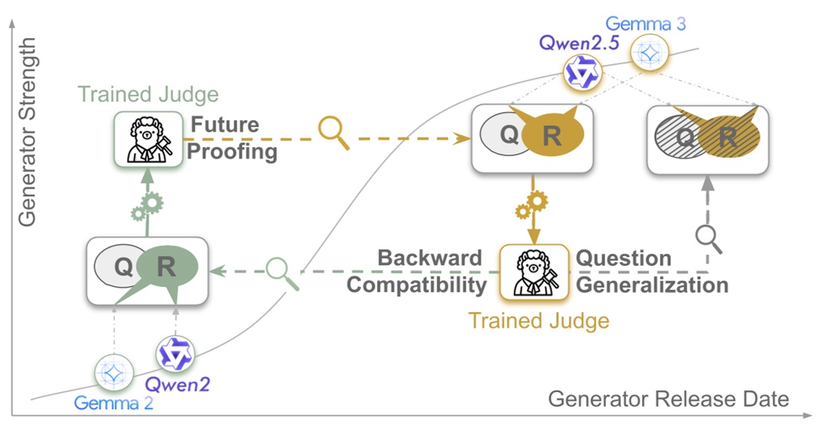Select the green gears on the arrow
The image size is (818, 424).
[148, 205]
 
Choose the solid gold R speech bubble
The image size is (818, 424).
[552, 136]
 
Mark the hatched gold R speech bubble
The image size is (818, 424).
[728, 137]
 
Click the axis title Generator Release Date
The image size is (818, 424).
[668, 399]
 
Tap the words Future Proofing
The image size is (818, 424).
[232, 137]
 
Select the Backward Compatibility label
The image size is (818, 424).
[418, 272]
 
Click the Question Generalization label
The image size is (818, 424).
[651, 272]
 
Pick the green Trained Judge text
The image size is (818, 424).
[149, 95]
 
